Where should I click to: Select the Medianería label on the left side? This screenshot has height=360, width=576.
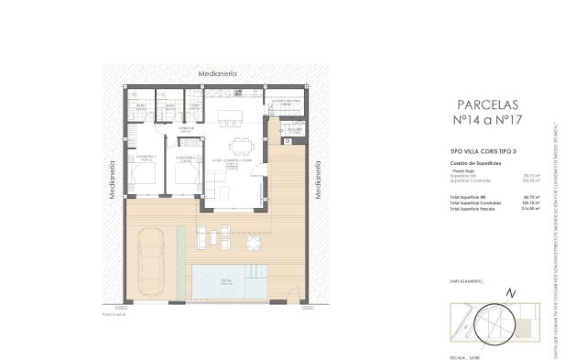[111, 180]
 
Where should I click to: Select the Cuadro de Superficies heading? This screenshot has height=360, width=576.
[469, 161]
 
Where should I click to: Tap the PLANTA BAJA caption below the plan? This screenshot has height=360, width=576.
[118, 314]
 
